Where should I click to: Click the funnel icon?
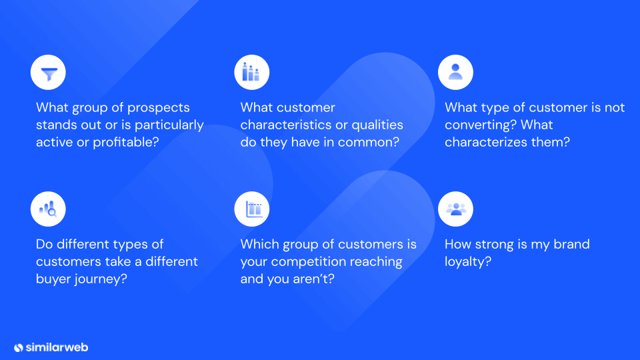coord(49,73)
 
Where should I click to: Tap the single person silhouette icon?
coord(455,72)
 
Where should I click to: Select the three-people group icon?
coord(456,209)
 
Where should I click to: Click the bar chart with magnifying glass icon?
coord(48,209)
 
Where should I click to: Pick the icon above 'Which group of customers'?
coord(254,209)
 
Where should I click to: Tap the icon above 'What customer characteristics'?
coord(251,72)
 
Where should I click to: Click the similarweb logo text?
coord(57,347)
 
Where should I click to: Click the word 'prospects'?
coord(159,108)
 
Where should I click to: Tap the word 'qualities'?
coord(377,125)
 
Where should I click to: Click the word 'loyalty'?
coord(465,261)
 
